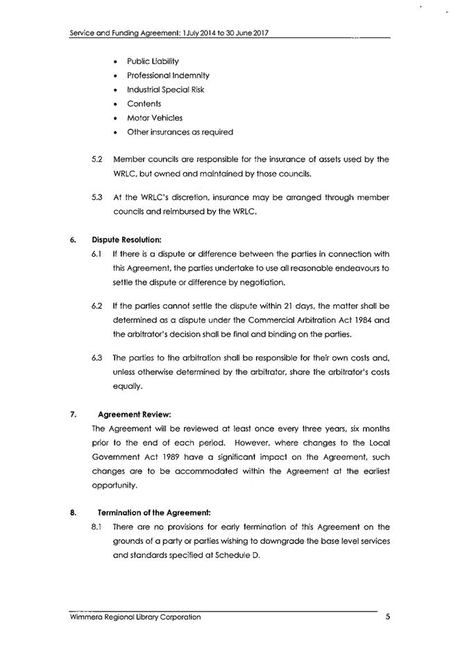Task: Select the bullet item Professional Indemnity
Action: (x=167, y=75)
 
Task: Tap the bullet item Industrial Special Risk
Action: (x=165, y=90)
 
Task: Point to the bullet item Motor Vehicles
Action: (x=154, y=118)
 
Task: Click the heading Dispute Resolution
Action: (x=126, y=240)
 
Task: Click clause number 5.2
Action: (x=97, y=159)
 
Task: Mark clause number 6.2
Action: (x=97, y=306)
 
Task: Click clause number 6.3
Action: (x=97, y=358)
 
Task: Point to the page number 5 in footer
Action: (x=388, y=616)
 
